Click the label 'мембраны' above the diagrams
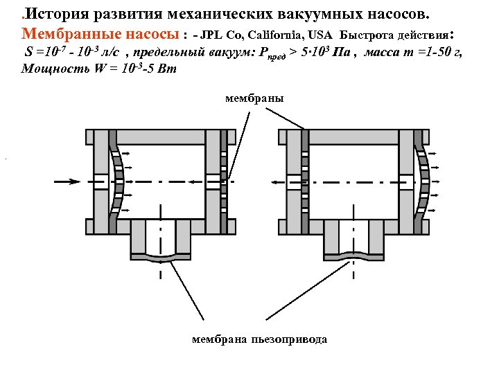(x=254, y=99)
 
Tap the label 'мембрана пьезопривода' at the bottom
(x=260, y=339)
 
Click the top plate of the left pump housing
(x=161, y=136)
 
